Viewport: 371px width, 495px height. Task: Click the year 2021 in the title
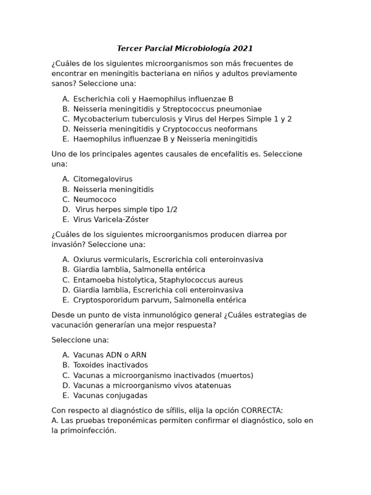[x=243, y=49]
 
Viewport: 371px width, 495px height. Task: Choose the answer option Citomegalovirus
[x=103, y=179]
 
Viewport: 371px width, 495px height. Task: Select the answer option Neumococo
[x=95, y=200]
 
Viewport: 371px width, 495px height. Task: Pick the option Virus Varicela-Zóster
[x=111, y=220]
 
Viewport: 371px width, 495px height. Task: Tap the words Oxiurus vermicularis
[x=111, y=260]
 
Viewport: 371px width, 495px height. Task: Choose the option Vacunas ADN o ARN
[x=110, y=355]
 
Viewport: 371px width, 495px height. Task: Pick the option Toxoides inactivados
[x=111, y=365]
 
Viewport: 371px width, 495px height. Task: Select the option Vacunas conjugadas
[x=111, y=395]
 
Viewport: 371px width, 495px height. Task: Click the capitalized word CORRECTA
[x=261, y=410]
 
